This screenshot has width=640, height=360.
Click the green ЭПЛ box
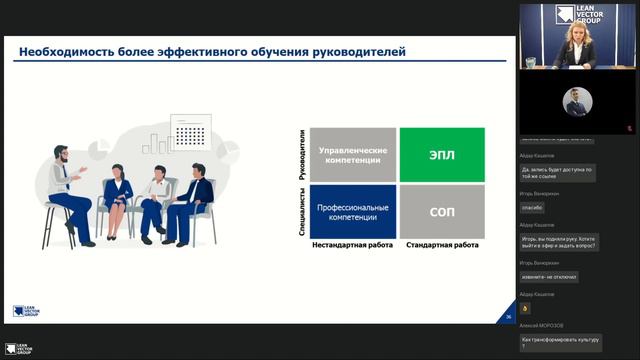click(442, 154)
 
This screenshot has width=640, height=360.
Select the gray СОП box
click(442, 212)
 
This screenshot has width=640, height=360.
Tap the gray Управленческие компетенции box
click(351, 154)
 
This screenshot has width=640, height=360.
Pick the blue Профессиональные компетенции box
click(351, 212)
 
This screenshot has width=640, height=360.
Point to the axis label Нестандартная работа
click(351, 245)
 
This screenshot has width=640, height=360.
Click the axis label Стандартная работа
click(442, 245)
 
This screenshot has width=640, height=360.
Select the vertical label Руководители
click(302, 154)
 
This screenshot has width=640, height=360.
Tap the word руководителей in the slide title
click(355, 52)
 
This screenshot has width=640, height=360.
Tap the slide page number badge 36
click(508, 317)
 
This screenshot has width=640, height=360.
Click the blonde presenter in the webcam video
click(575, 40)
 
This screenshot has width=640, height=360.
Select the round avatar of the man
click(577, 102)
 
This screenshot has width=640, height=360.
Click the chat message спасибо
click(532, 208)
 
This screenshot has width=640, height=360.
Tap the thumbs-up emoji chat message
click(525, 308)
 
